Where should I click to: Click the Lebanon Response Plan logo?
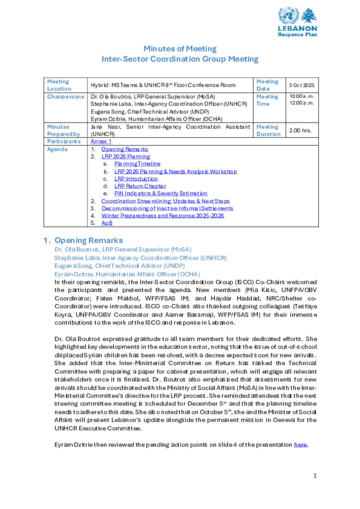pyautogui.click(x=297, y=22)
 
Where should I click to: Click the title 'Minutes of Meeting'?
pyautogui.click(x=180, y=49)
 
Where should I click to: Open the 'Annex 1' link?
pyautogui.click(x=101, y=141)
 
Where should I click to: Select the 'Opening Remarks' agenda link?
pyautogui.click(x=124, y=149)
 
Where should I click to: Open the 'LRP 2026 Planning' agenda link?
pyautogui.click(x=126, y=157)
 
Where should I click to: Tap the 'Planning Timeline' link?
pyautogui.click(x=137, y=164)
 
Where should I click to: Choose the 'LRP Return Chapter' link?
pyautogui.click(x=140, y=186)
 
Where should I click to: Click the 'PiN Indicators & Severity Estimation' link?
pyautogui.click(x=161, y=194)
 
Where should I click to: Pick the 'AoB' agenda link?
pyautogui.click(x=107, y=223)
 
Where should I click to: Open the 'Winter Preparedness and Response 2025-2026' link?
pyautogui.click(x=162, y=216)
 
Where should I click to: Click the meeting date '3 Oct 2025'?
pyautogui.click(x=302, y=85)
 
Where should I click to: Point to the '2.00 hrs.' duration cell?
pyautogui.click(x=301, y=130)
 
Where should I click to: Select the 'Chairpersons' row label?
pyautogui.click(x=66, y=97)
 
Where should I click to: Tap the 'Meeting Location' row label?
pyautogui.click(x=59, y=85)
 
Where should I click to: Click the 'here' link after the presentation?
pyautogui.click(x=300, y=445)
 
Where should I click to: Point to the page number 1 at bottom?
pyautogui.click(x=315, y=476)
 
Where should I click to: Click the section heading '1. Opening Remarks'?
pyautogui.click(x=83, y=241)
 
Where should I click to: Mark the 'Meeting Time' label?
pyautogui.click(x=267, y=100)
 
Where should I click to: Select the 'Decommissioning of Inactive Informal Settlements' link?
pyautogui.click(x=167, y=208)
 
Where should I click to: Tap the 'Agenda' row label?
pyautogui.click(x=57, y=149)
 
